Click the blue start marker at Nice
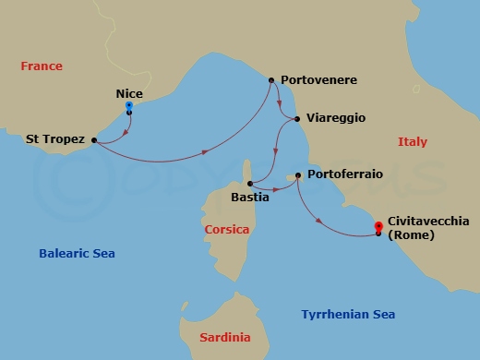128,106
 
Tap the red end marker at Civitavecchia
378,226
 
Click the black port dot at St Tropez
94,140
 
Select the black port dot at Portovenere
270,80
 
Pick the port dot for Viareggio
296,118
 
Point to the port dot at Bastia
251,183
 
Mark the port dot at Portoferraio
297,175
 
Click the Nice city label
129,93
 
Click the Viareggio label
337,118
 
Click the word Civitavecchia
429,222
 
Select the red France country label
42,66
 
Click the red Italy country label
412,141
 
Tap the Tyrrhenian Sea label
348,315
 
